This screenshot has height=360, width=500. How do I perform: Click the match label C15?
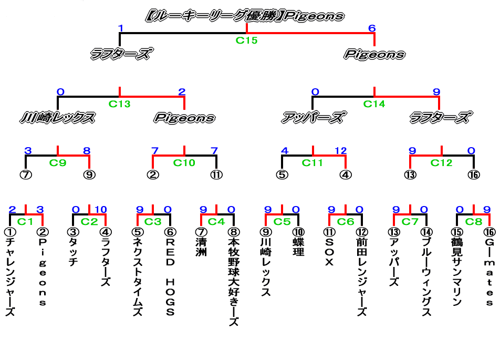[x=246, y=40]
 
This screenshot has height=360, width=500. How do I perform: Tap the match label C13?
[x=120, y=104]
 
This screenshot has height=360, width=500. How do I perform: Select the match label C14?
[x=374, y=104]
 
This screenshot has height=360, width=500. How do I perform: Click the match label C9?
[x=58, y=162]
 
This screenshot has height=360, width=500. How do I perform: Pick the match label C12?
[x=441, y=162]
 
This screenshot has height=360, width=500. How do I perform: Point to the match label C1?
[x=26, y=221]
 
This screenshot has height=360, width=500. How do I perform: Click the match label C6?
[x=346, y=221]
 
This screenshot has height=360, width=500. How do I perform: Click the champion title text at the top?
[x=245, y=16]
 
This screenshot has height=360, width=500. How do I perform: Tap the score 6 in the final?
[x=372, y=28]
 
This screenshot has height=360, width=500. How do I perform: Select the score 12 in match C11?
[x=340, y=151]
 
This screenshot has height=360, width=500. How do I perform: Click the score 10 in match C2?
[x=100, y=210]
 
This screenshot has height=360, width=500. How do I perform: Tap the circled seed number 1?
[x=9, y=232]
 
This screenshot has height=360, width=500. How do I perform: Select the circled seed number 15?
[x=457, y=232]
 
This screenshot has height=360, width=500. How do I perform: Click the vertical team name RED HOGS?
[x=170, y=277]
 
